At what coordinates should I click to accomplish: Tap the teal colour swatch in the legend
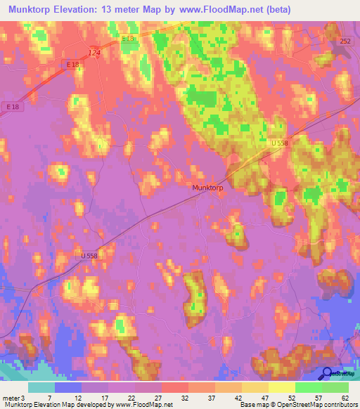(41, 387)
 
